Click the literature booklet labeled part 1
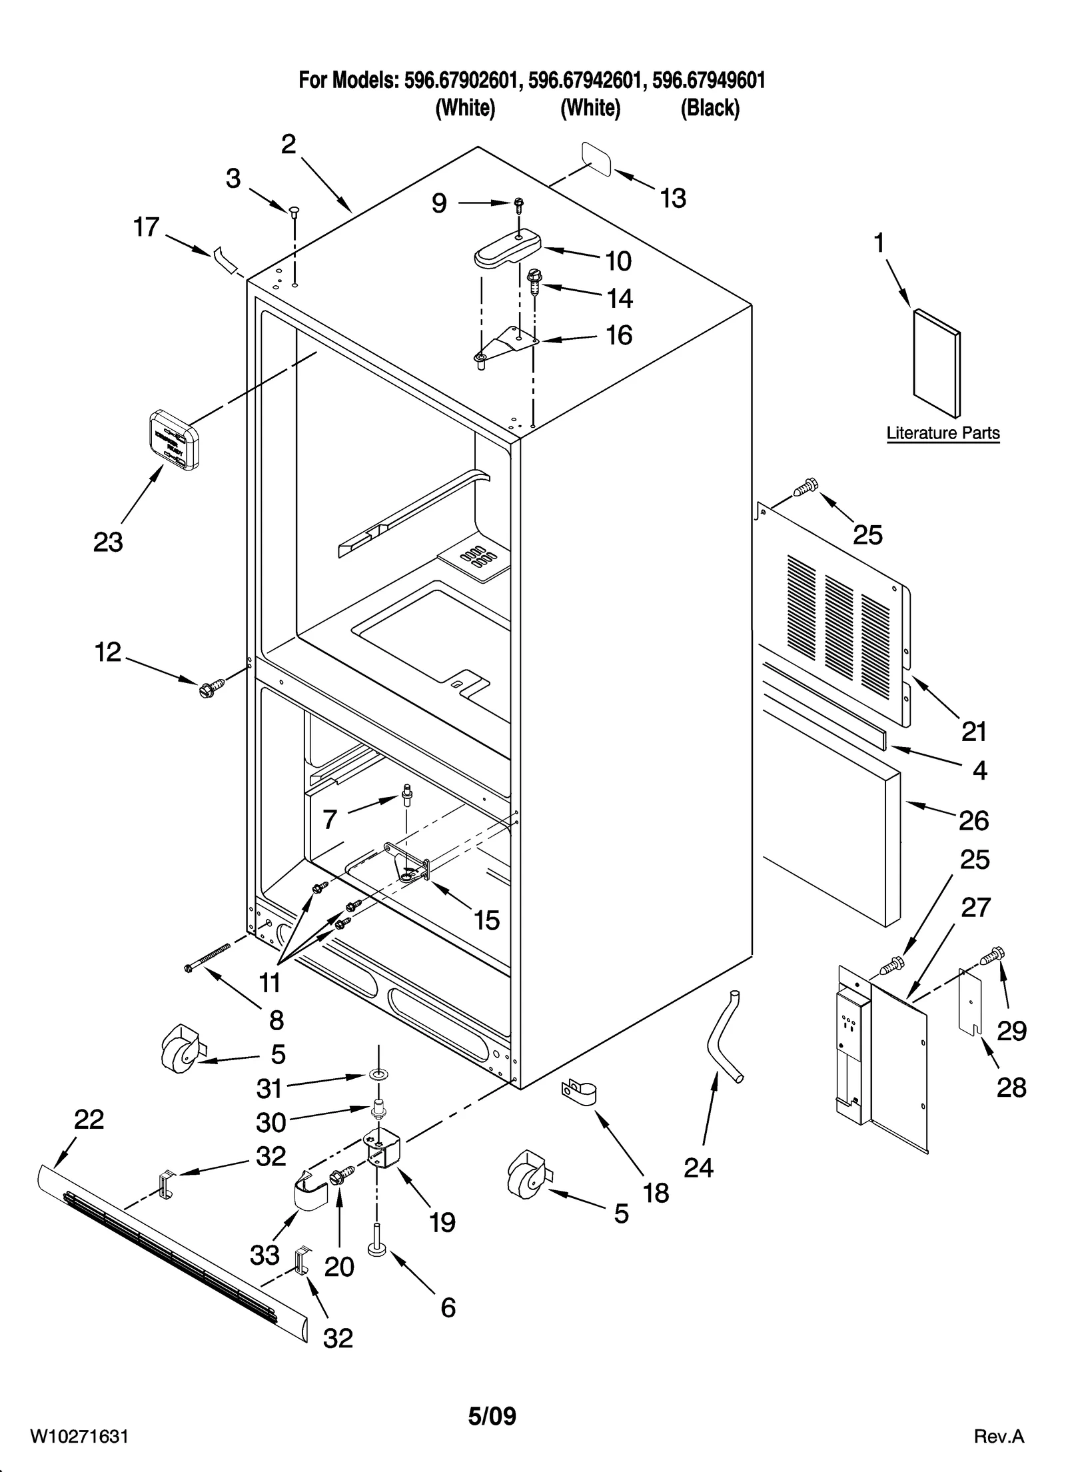click(937, 364)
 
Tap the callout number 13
click(673, 198)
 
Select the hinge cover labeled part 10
click(506, 247)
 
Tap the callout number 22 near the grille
click(89, 1119)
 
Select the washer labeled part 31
click(379, 1075)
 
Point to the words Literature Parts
click(942, 433)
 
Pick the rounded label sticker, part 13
click(596, 158)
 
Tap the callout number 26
click(973, 821)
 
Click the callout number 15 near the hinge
click(486, 920)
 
